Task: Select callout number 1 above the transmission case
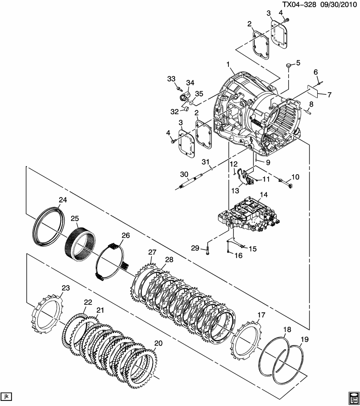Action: (228, 65)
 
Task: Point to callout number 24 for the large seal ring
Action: (62, 200)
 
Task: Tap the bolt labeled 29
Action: (207, 250)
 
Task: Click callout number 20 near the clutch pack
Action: (158, 343)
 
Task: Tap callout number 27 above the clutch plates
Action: (152, 252)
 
